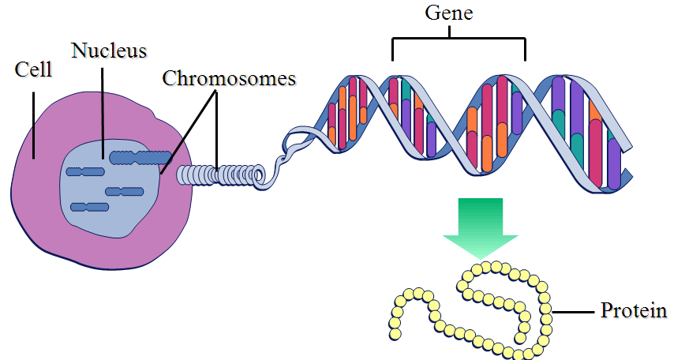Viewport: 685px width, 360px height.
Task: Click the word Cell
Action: (33, 69)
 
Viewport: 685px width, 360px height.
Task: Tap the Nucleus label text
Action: (109, 51)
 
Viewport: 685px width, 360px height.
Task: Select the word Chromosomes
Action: (229, 78)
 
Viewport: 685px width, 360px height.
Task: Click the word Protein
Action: (634, 310)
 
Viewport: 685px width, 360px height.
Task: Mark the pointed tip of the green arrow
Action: (480, 257)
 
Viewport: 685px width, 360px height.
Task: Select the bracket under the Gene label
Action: (458, 37)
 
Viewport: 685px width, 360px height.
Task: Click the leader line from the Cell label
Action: (33, 118)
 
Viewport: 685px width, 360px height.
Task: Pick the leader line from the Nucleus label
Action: (103, 111)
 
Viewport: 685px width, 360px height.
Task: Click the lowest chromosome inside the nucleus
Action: (88, 207)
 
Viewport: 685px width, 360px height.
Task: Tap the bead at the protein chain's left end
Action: (395, 334)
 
